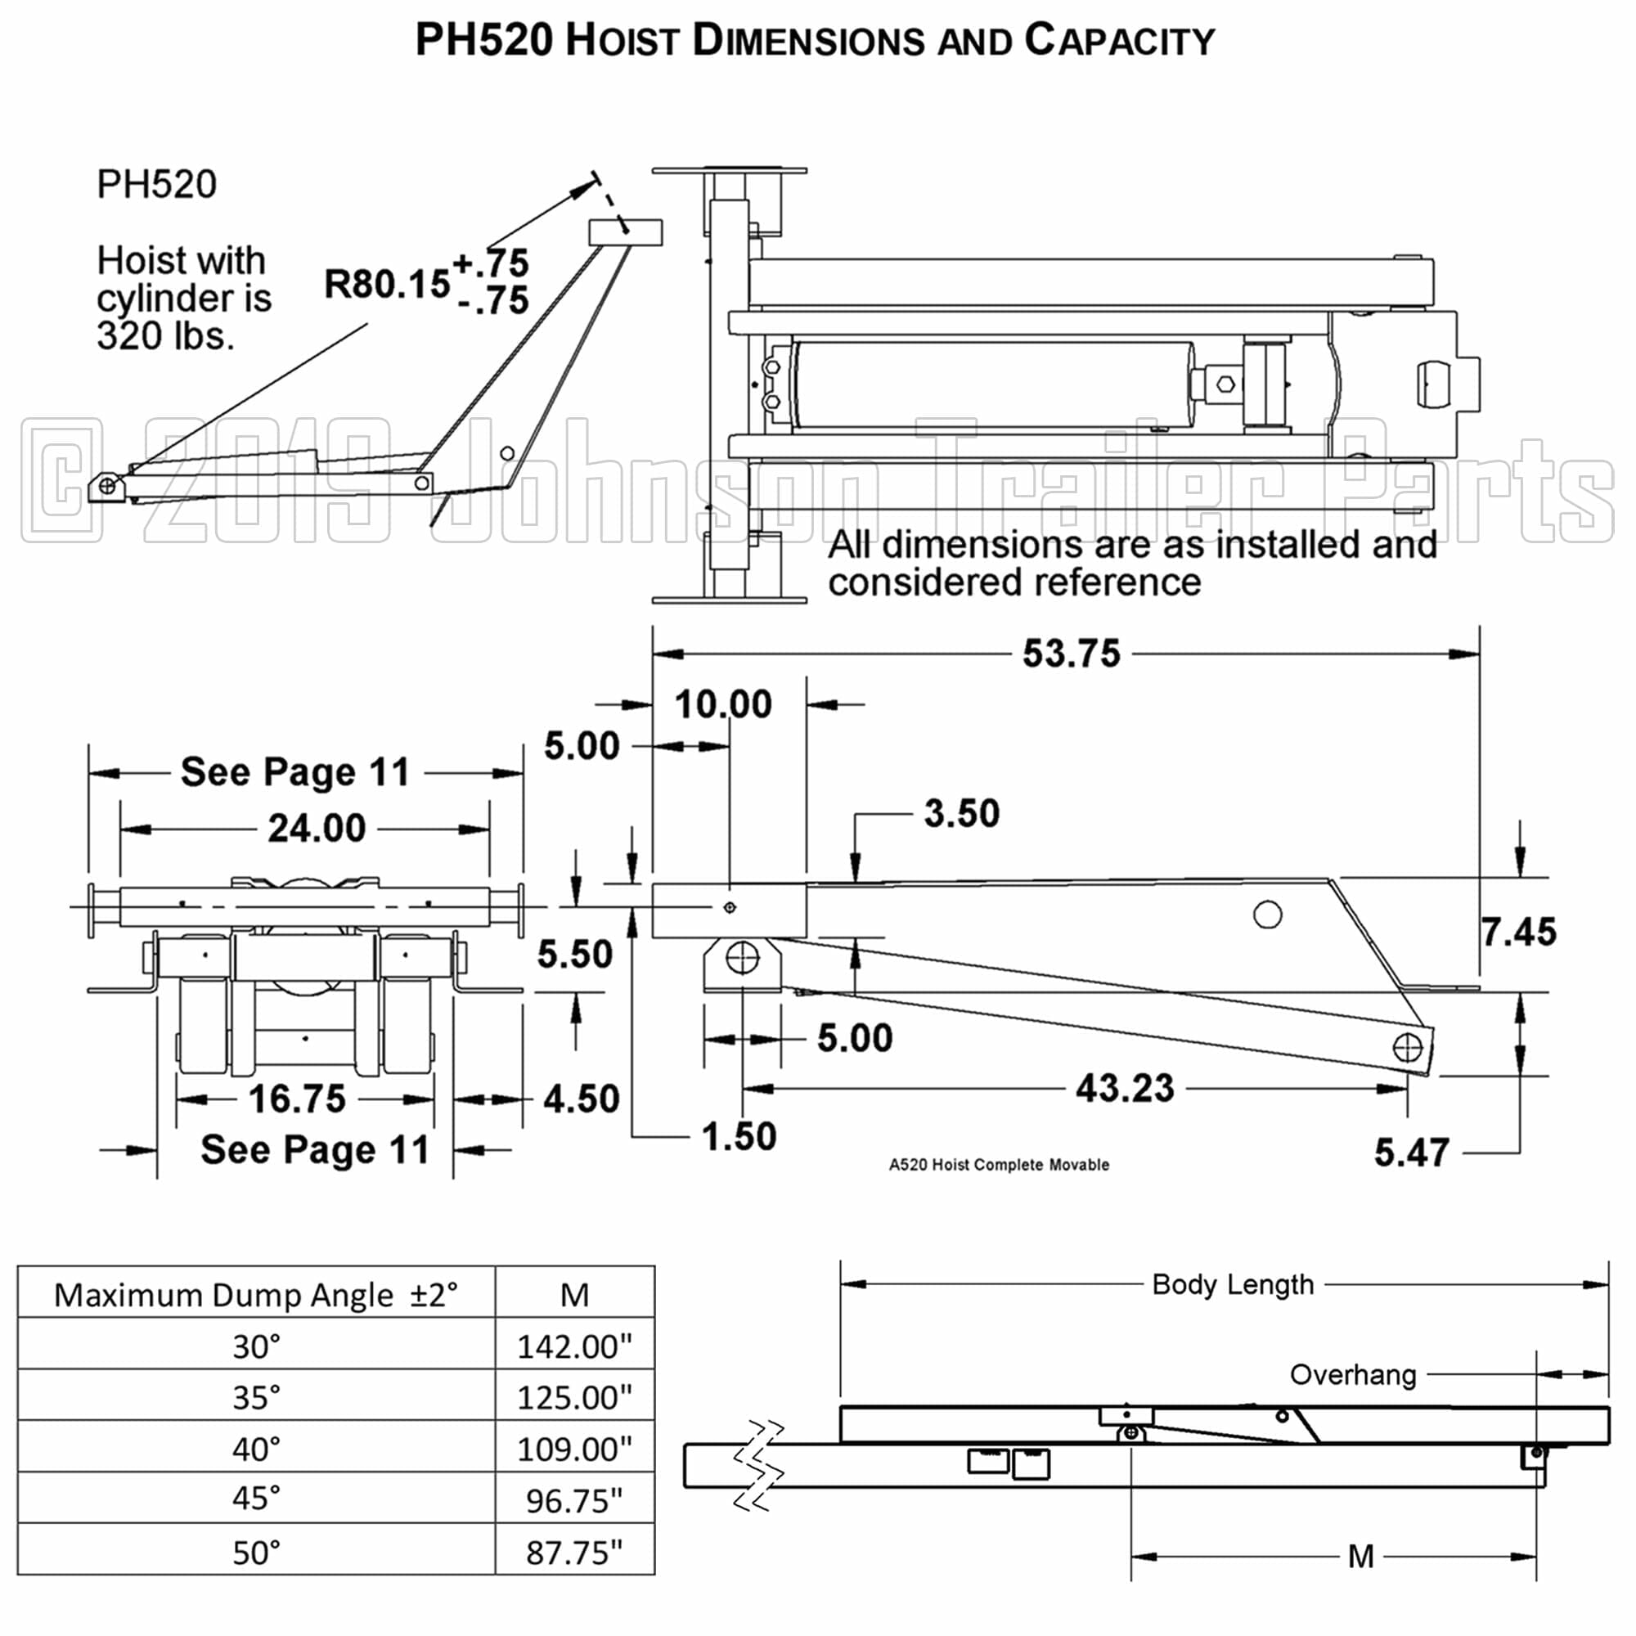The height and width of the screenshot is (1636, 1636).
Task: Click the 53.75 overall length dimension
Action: pyautogui.click(x=1072, y=654)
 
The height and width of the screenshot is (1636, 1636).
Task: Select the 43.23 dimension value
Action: pyautogui.click(x=1125, y=1088)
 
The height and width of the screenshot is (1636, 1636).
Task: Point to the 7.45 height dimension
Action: pyautogui.click(x=1519, y=933)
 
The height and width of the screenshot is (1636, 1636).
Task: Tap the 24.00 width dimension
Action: pyautogui.click(x=317, y=828)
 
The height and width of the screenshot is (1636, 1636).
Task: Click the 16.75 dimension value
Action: pyautogui.click(x=297, y=1099)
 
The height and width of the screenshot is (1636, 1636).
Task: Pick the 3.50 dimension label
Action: pyautogui.click(x=962, y=814)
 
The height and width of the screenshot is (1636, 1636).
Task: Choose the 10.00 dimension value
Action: pyautogui.click(x=723, y=704)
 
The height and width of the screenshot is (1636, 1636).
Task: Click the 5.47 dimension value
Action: pyautogui.click(x=1412, y=1153)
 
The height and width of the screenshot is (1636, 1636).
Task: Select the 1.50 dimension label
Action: pyautogui.click(x=739, y=1136)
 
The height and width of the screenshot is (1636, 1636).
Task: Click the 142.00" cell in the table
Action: pyautogui.click(x=574, y=1346)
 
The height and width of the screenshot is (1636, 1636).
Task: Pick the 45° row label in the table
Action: pyautogui.click(x=257, y=1498)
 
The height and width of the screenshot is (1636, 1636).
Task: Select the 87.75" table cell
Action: pyautogui.click(x=574, y=1553)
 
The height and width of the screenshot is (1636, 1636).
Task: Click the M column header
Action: pyautogui.click(x=574, y=1295)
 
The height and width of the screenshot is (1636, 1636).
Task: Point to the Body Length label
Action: pyautogui.click(x=1233, y=1284)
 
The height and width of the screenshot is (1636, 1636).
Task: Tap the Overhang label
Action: pyautogui.click(x=1352, y=1374)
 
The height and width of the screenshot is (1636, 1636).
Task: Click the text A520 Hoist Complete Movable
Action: pyautogui.click(x=998, y=1164)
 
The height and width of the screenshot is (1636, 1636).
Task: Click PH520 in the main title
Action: pyautogui.click(x=484, y=40)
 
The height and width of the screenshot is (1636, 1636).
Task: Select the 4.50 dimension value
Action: pyautogui.click(x=582, y=1099)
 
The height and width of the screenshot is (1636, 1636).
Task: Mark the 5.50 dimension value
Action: pyautogui.click(x=575, y=955)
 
